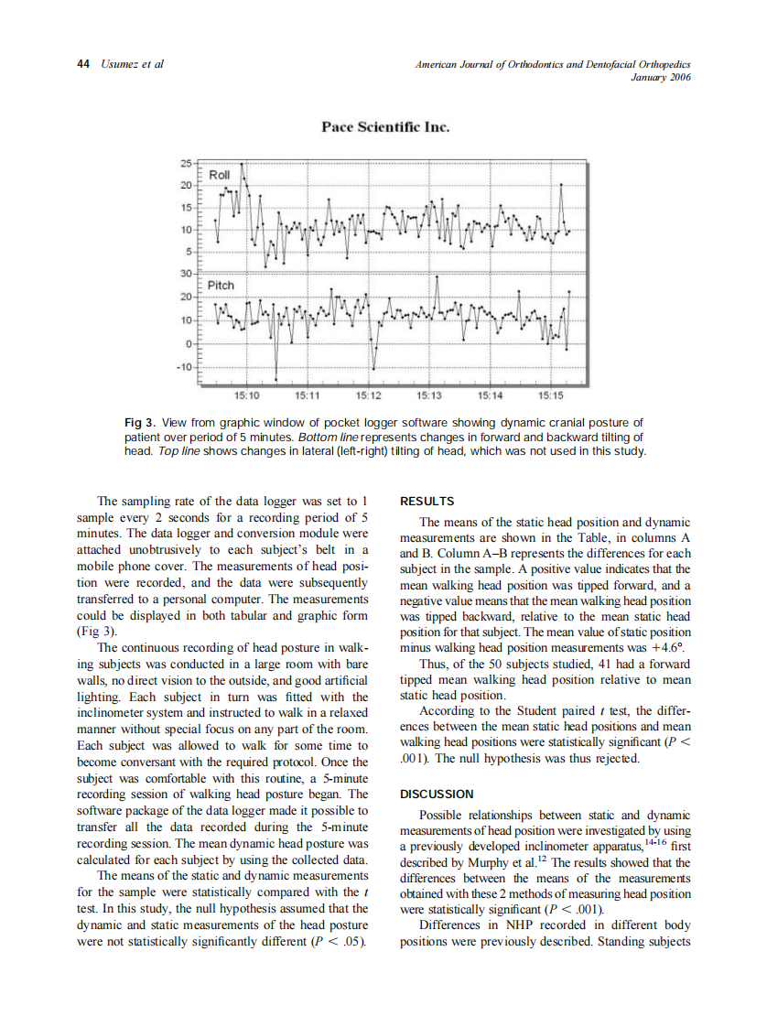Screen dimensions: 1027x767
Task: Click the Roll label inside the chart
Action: pyautogui.click(x=220, y=175)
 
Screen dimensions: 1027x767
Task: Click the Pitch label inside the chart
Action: pyautogui.click(x=221, y=286)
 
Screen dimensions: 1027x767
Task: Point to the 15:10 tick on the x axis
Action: pyautogui.click(x=247, y=396)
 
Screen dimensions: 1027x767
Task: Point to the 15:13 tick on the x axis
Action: pyautogui.click(x=429, y=396)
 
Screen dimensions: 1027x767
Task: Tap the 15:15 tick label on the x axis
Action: pyautogui.click(x=551, y=396)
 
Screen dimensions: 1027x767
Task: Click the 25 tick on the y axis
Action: pyautogui.click(x=187, y=164)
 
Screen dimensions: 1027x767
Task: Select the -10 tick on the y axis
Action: pyautogui.click(x=184, y=367)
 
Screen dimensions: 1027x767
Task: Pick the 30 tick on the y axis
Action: pyautogui.click(x=187, y=274)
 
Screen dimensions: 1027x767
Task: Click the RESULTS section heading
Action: pyautogui.click(x=427, y=502)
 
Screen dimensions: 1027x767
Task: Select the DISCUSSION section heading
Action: pyautogui.click(x=438, y=794)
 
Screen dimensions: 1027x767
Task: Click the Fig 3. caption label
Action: pyautogui.click(x=141, y=422)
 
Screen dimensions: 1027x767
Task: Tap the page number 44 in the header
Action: pyautogui.click(x=82, y=64)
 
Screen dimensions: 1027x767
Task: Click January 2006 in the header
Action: pyautogui.click(x=660, y=77)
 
